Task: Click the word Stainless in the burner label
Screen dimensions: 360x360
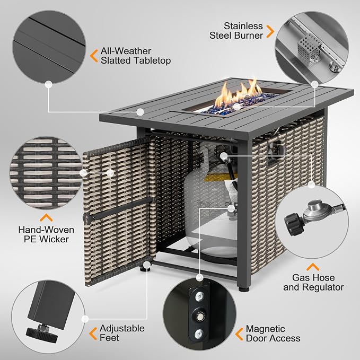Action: pyautogui.click(x=243, y=26)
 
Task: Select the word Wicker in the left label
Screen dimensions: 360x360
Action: pyautogui.click(x=54, y=239)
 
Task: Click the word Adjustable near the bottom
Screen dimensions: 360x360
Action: pyautogui.click(x=122, y=329)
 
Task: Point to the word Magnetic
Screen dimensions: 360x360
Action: pyautogui.click(x=266, y=329)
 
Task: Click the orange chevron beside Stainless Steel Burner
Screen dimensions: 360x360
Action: pyautogui.click(x=270, y=31)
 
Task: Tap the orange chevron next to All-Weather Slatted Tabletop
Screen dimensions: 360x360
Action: pyautogui.click(x=94, y=56)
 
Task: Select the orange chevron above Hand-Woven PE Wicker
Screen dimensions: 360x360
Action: pyautogui.click(x=46, y=218)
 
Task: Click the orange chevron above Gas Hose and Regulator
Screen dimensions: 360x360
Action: pyautogui.click(x=313, y=267)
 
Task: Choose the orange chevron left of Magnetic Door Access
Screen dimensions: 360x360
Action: pyautogui.click(x=239, y=334)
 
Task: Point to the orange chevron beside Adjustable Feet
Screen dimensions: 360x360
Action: pyautogui.click(x=93, y=333)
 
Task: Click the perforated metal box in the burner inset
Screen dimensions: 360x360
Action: pyautogui.click(x=308, y=49)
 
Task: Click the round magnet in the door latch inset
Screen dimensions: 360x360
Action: pyautogui.click(x=199, y=317)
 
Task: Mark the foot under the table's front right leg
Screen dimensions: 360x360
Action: pyautogui.click(x=243, y=289)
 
